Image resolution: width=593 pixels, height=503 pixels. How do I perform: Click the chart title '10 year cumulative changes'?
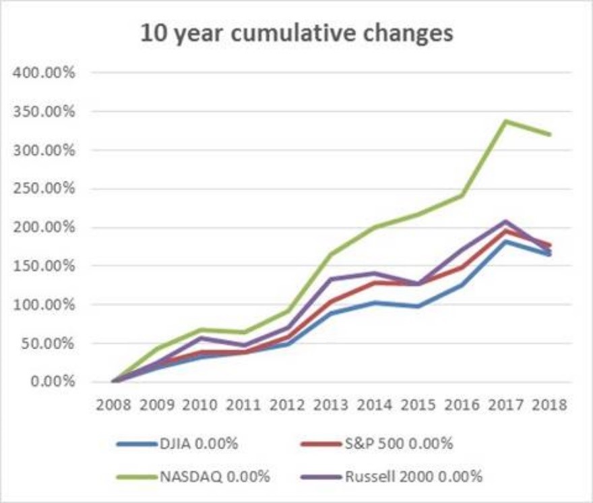point(296,33)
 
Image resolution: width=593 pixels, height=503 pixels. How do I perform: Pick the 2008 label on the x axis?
point(113,405)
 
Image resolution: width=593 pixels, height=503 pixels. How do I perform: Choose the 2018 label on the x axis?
point(549,405)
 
